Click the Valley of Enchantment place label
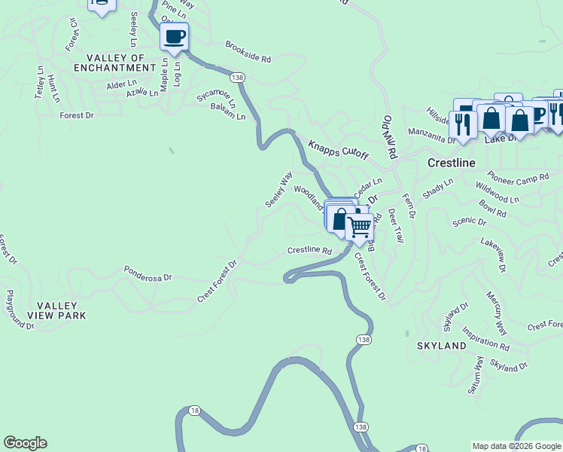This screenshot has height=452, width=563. pyautogui.click(x=115, y=63)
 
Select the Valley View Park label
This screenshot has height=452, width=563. pyautogui.click(x=56, y=310)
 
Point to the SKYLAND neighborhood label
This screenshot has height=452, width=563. pyautogui.click(x=441, y=345)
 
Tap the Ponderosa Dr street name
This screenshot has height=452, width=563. pyautogui.click(x=148, y=273)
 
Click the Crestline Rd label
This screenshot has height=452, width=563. pyautogui.click(x=309, y=250)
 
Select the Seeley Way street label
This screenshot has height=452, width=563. pyautogui.click(x=278, y=190)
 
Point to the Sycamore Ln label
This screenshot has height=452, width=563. pyautogui.click(x=216, y=98)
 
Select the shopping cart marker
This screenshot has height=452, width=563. pyautogui.click(x=361, y=227)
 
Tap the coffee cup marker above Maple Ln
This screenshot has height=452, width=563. pyautogui.click(x=174, y=36)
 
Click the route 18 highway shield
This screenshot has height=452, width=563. pyautogui.click(x=195, y=410)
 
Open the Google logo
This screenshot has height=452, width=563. pyautogui.click(x=25, y=443)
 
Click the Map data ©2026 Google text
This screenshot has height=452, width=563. pyautogui.click(x=516, y=446)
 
